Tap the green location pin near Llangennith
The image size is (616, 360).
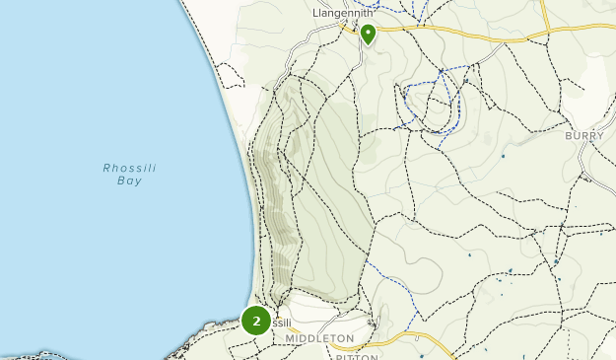368,35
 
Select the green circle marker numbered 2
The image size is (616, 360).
256,321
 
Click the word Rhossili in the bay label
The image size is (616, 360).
130,168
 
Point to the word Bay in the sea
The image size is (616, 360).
130,181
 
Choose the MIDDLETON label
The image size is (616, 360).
319,338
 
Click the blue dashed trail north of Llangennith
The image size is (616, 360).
399,12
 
